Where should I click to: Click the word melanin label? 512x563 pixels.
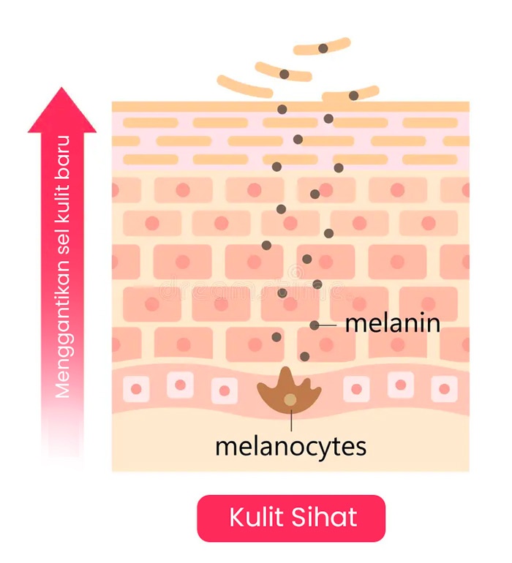click(392, 324)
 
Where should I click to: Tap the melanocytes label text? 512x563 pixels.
click(290, 445)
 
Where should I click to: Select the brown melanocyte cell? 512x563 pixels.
click(290, 395)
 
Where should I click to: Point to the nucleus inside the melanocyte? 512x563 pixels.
click(290, 400)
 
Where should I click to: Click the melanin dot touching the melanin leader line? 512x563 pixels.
click(315, 325)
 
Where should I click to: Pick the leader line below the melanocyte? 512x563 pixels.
click(291, 421)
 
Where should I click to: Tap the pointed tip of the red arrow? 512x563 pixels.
click(62, 90)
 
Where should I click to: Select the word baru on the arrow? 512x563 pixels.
click(63, 154)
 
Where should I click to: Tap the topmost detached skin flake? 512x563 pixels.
click(322, 48)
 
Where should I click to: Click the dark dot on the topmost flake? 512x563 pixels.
click(323, 48)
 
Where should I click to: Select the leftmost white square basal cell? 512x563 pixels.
click(136, 388)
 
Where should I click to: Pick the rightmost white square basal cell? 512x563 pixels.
click(443, 388)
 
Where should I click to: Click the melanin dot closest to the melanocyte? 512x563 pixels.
click(304, 356)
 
